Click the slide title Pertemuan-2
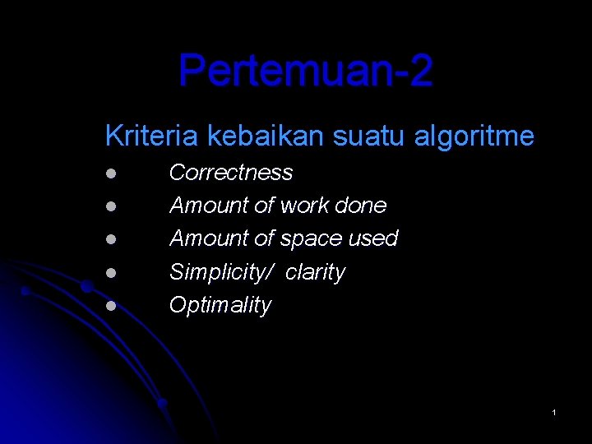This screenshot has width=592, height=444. tap(305, 71)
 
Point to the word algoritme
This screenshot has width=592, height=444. tap(474, 136)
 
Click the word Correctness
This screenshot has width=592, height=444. tap(230, 173)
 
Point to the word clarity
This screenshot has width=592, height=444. tap(315, 272)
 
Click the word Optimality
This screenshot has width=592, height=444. tap(220, 305)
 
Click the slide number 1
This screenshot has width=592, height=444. tap(554, 411)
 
